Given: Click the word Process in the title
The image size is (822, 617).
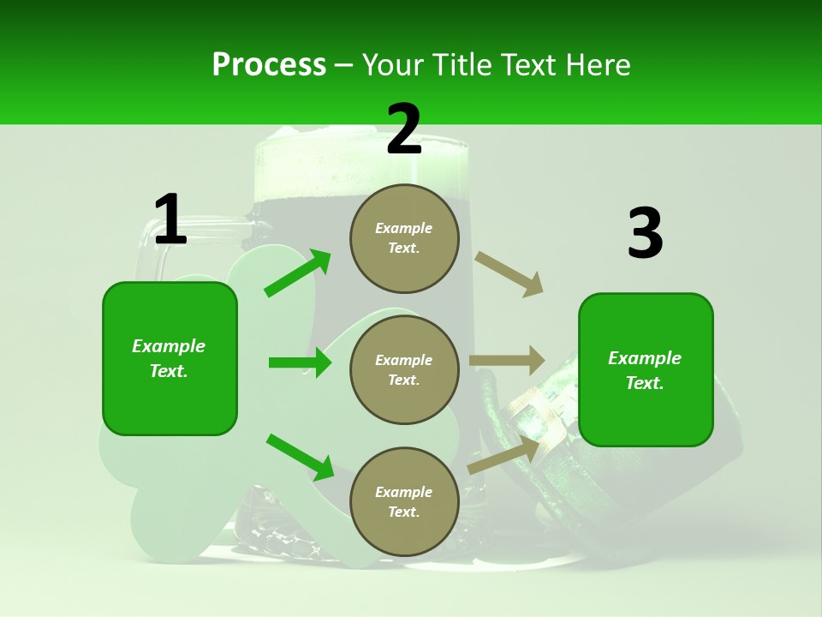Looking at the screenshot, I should pyautogui.click(x=269, y=64).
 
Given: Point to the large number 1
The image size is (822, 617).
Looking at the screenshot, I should pyautogui.click(x=170, y=220).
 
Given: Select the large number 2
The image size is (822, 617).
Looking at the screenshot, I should pyautogui.click(x=404, y=129).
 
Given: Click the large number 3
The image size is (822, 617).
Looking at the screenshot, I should pyautogui.click(x=645, y=234).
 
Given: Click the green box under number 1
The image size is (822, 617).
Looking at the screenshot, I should pyautogui.click(x=170, y=358).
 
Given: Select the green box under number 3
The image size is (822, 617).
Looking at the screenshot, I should pyautogui.click(x=646, y=369).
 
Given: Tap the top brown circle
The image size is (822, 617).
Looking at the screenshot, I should pyautogui.click(x=404, y=238).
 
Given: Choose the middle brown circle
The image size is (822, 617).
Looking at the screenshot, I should pyautogui.click(x=404, y=369).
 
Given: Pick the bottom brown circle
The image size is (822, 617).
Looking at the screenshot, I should pyautogui.click(x=404, y=501).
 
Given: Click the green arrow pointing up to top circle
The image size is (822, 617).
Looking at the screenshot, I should pyautogui.click(x=298, y=273).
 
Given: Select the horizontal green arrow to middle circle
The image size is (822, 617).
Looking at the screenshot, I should pyautogui.click(x=300, y=362).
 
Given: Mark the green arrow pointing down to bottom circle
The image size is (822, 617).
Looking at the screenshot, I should pyautogui.click(x=300, y=457).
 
